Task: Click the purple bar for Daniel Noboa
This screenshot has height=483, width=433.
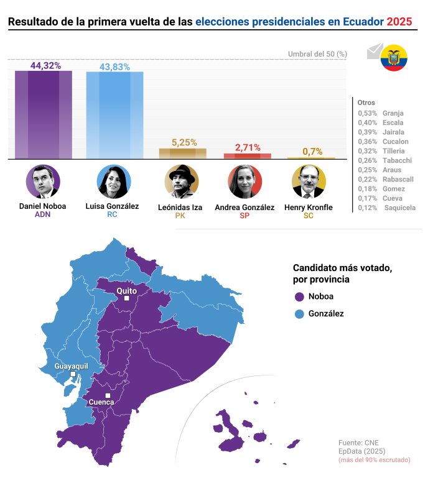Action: [x=44, y=114]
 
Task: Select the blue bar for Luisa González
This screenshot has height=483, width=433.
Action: [x=114, y=115]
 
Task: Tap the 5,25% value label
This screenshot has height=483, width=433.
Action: [x=184, y=142]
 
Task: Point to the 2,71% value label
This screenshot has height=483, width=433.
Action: [x=248, y=147]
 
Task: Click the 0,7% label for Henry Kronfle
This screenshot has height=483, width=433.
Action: [x=312, y=151]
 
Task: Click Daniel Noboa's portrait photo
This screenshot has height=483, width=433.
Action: [x=43, y=182]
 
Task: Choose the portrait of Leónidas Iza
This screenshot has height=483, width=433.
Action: [x=182, y=182]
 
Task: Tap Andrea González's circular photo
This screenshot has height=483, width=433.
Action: [x=244, y=182]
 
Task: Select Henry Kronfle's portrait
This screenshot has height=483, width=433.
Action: [x=309, y=182]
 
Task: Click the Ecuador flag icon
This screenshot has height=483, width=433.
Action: [x=394, y=58]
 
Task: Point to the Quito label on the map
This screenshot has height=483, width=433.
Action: [x=126, y=290]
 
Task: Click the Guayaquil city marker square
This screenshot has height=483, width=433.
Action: [x=73, y=374]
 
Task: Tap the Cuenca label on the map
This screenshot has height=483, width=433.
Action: [x=101, y=402]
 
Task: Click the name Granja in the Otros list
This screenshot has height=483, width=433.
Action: [x=393, y=113]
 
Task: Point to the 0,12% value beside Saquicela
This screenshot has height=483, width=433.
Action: [x=368, y=208]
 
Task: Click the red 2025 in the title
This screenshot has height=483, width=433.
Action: [x=399, y=22]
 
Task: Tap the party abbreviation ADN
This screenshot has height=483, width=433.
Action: [x=42, y=216]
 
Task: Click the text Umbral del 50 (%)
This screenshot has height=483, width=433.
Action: [x=317, y=54]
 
